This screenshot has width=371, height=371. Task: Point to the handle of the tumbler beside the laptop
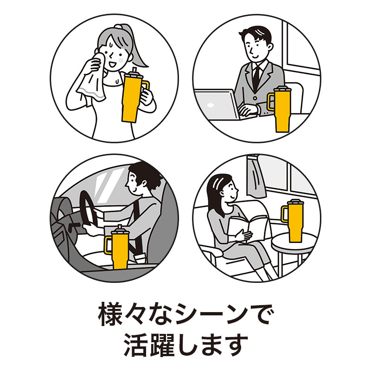(x=270, y=102)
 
